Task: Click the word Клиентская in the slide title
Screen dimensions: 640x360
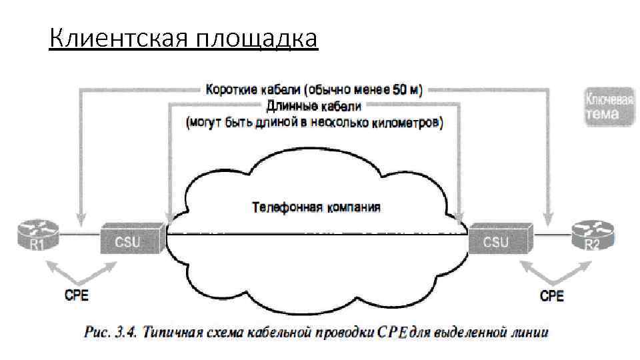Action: [119, 39]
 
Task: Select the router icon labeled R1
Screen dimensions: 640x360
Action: [37, 237]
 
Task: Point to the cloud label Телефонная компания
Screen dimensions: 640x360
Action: [316, 207]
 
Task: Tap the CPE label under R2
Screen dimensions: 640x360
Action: [551, 296]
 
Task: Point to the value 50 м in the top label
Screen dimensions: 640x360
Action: [405, 89]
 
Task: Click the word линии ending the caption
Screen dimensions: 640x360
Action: [530, 331]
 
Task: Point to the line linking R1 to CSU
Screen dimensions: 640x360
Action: [79, 235]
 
